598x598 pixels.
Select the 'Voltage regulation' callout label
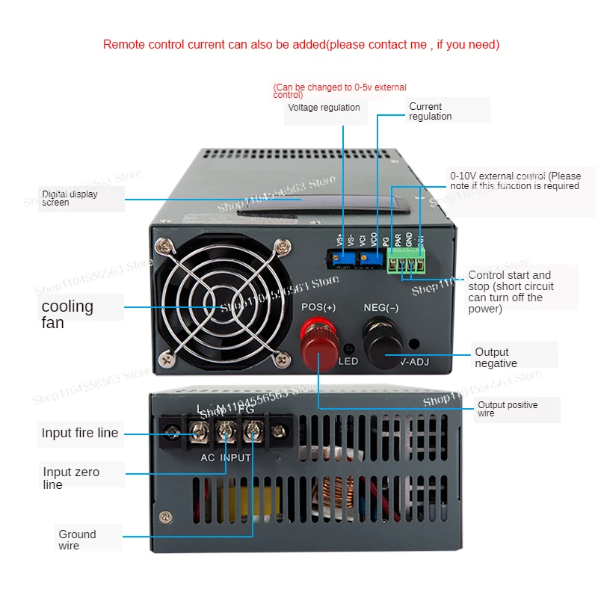[x=324, y=108]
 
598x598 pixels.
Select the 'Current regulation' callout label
[x=431, y=111]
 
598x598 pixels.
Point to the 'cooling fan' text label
[x=67, y=314]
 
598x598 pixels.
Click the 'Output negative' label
[x=496, y=357]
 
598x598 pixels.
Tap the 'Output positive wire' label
[x=508, y=409]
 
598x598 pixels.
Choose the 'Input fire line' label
[x=80, y=433]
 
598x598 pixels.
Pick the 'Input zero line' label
[x=71, y=478]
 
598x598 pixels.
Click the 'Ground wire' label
[x=78, y=540]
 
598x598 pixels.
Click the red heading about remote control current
[x=301, y=44]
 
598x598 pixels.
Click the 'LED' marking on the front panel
[x=348, y=362]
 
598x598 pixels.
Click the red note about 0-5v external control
[x=340, y=91]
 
